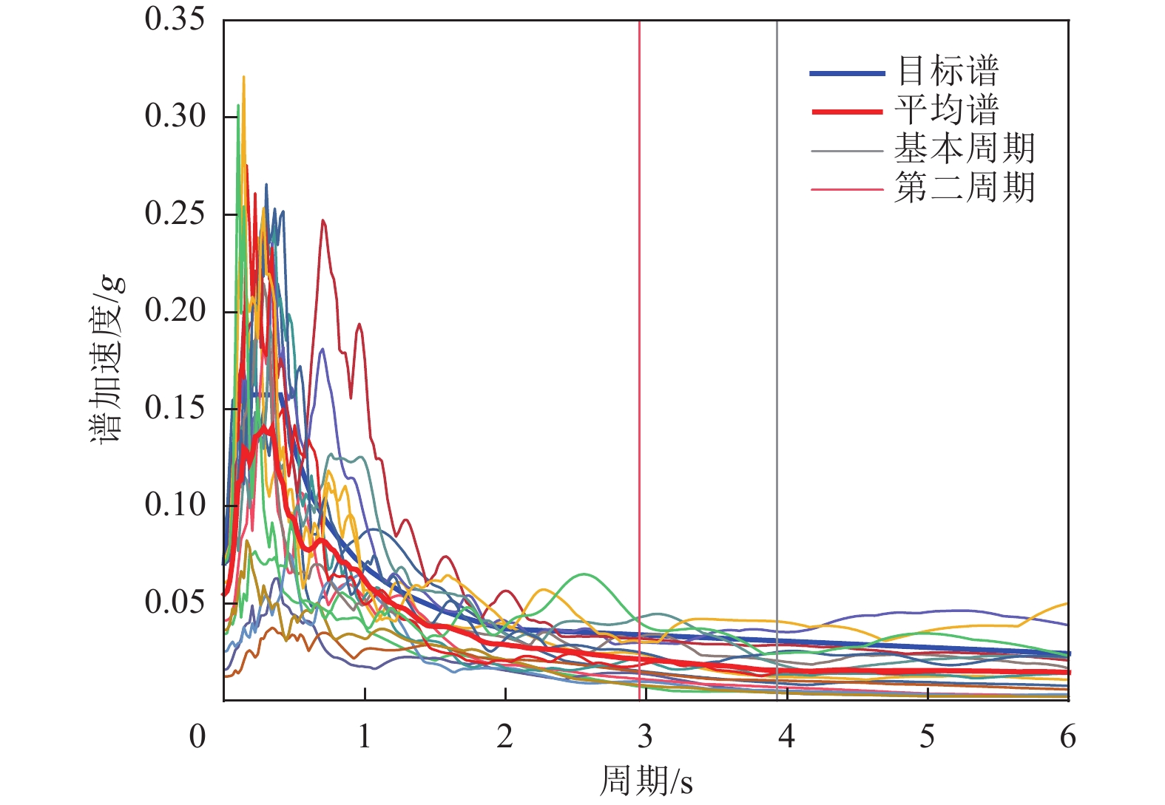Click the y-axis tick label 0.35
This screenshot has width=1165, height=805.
coord(175,20)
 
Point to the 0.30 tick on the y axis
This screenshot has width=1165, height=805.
coord(175,116)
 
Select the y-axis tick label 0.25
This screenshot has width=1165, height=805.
coord(175,214)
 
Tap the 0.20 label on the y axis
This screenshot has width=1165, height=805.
coord(175,310)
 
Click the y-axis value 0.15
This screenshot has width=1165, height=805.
coord(175,408)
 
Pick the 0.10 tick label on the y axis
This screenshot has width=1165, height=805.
coord(175,505)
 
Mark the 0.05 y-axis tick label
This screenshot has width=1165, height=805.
coord(175,602)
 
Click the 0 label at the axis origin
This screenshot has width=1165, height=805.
coord(197,737)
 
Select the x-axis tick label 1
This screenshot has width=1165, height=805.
coord(364,737)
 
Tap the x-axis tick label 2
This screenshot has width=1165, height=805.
coord(504,737)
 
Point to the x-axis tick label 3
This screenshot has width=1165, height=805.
coord(646,737)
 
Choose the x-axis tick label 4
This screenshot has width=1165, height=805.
coord(786,737)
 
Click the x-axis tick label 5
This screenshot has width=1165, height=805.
coord(927,737)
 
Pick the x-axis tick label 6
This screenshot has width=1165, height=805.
coord(1067,737)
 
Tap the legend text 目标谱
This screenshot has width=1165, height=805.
coord(948,72)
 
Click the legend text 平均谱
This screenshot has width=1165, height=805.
coord(948,110)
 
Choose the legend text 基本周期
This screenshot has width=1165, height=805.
coord(965,149)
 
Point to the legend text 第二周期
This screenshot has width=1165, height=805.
coord(965,188)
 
